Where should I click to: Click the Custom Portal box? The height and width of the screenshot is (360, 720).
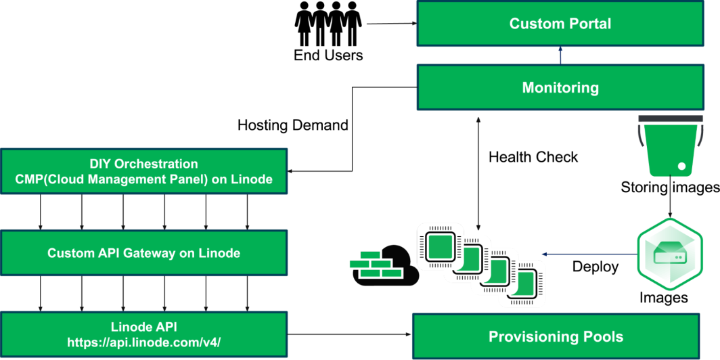click(560, 24)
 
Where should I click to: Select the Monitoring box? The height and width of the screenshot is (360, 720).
click(560, 87)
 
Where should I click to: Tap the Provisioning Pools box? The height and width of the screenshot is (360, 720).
click(556, 336)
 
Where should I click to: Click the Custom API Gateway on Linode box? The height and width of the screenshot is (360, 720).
click(143, 253)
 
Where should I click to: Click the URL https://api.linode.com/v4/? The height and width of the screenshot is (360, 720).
click(143, 342)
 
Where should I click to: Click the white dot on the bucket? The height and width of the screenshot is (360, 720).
click(681, 166)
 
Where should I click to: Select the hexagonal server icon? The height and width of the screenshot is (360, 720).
click(670, 254)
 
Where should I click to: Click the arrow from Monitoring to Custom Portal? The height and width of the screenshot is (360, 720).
click(560, 55)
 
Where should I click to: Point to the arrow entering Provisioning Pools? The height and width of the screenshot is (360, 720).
click(352, 334)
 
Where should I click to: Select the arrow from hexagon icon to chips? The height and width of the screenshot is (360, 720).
click(589, 254)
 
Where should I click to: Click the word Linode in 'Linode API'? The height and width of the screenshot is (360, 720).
click(129, 328)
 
